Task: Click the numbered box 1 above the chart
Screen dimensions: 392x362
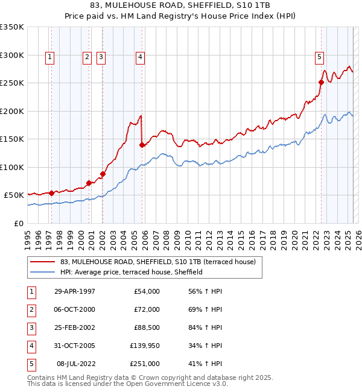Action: [49, 57]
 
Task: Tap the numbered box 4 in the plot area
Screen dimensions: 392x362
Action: [140, 57]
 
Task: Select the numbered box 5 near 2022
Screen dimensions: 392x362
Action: [319, 57]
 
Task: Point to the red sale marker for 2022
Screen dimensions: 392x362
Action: [321, 83]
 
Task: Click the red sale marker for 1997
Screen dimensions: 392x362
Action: [51, 193]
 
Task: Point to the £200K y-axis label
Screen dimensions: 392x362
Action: [12, 111]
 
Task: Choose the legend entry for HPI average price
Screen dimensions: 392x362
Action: [131, 272]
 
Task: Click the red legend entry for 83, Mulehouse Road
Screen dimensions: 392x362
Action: [158, 262]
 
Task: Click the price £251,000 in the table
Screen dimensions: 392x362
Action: [145, 364]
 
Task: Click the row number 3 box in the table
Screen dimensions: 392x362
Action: [31, 327]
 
